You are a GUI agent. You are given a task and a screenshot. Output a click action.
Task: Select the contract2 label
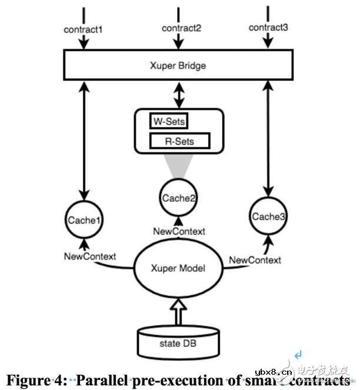(x=178, y=28)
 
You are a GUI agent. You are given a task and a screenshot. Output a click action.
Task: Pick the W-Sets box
(x=169, y=122)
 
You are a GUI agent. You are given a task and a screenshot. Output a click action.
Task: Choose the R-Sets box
(x=180, y=141)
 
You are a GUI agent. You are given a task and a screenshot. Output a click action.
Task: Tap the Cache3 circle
(x=269, y=217)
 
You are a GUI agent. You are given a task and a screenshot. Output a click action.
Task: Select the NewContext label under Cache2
(x=179, y=231)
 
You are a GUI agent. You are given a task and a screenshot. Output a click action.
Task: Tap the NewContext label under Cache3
(x=255, y=260)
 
